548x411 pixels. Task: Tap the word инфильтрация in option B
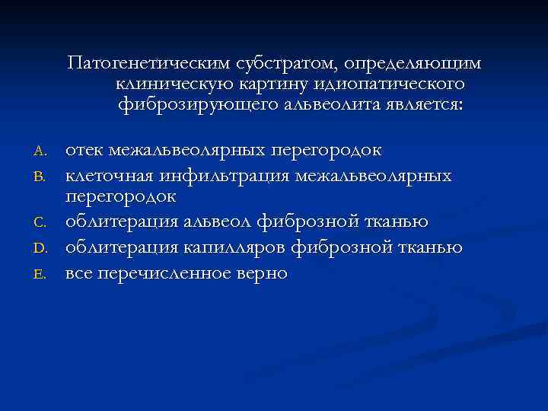pyautogui.click(x=224, y=175)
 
